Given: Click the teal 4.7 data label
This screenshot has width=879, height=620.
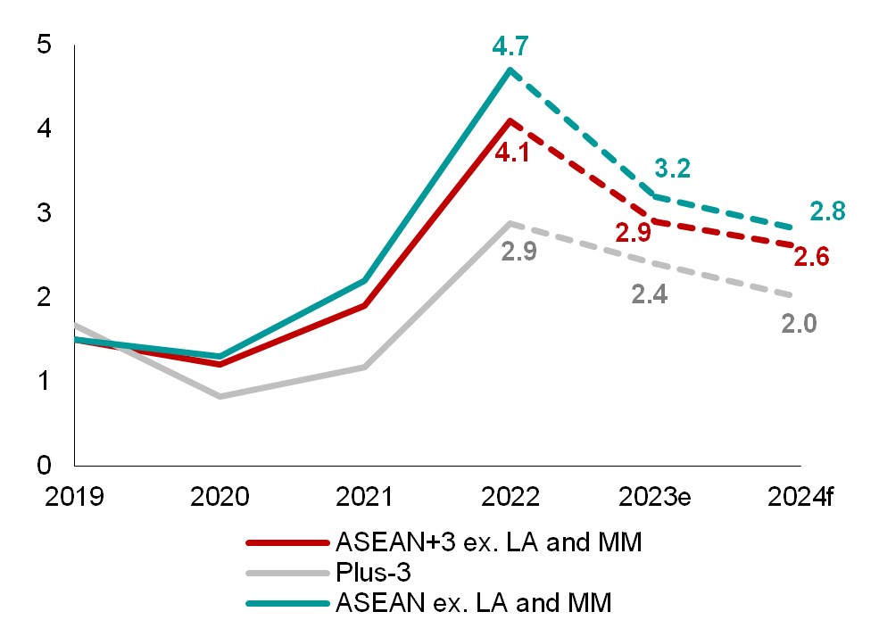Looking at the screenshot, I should tap(510, 44).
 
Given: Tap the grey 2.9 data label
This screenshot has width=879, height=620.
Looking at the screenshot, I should tap(518, 251).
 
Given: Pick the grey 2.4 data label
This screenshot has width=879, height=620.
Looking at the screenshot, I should tap(649, 293).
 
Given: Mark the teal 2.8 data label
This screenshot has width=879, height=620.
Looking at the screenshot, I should tap(827, 212).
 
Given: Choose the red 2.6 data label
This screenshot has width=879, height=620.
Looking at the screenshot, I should tap(812, 258).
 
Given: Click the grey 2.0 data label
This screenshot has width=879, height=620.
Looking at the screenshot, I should tap(799, 324).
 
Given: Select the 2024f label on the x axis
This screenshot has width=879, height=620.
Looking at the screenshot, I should tap(799, 496).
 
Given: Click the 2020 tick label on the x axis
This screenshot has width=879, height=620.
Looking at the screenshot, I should tap(220, 496).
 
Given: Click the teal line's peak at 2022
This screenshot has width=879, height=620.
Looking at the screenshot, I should tap(510, 70).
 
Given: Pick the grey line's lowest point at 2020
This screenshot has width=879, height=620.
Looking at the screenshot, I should tap(220, 396).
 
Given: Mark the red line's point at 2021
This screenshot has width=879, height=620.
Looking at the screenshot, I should tap(365, 306).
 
